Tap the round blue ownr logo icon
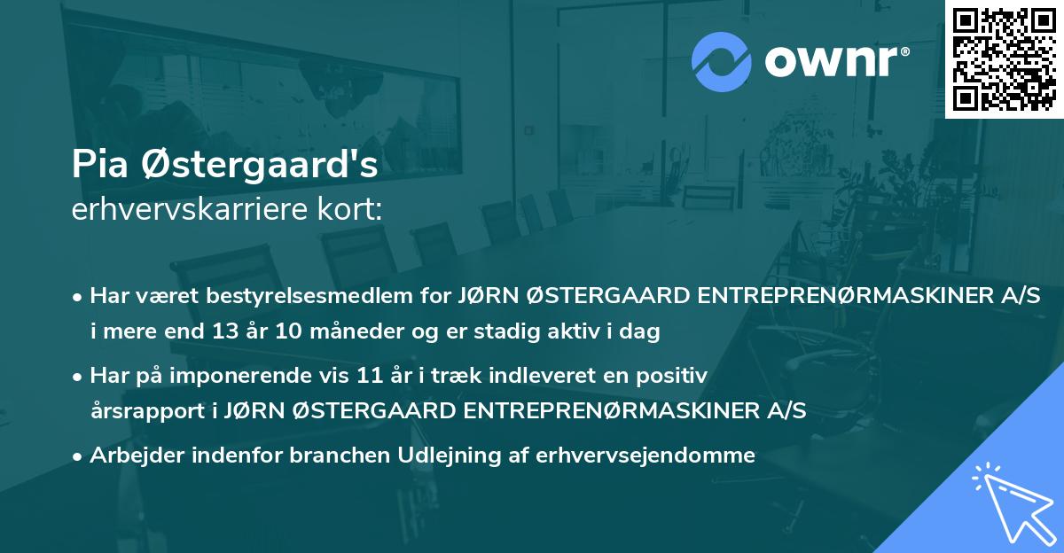[722, 60]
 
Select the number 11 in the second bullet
[356, 376]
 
